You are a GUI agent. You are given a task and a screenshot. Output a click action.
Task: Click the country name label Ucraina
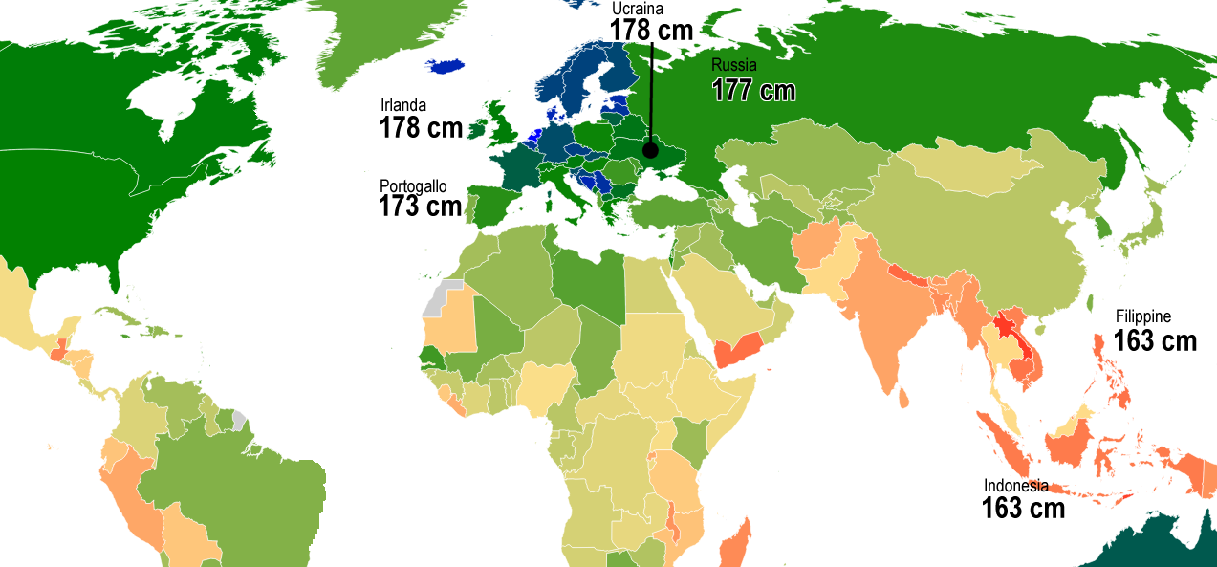[638, 10]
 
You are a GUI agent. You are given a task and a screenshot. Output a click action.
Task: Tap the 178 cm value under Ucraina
[651, 30]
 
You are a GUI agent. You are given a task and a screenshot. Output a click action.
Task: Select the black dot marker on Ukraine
[650, 149]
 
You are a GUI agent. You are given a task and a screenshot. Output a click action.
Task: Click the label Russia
[734, 66]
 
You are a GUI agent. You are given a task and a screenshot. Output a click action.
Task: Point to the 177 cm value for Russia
[753, 90]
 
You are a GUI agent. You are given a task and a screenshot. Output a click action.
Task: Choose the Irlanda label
[403, 105]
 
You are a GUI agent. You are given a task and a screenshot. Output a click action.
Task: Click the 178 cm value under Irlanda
[421, 128]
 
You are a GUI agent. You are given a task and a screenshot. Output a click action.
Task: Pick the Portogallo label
[413, 185]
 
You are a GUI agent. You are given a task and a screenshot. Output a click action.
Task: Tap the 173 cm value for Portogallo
[421, 206]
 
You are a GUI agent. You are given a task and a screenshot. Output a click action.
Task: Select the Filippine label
[1142, 317]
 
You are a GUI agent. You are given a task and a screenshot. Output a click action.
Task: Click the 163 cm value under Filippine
[1155, 340]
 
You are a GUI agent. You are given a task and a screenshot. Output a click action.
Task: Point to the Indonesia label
[1016, 486]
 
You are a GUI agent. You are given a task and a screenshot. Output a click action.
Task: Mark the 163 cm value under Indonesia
[1023, 508]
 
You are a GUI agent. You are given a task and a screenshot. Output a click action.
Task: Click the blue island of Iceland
[446, 66]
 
